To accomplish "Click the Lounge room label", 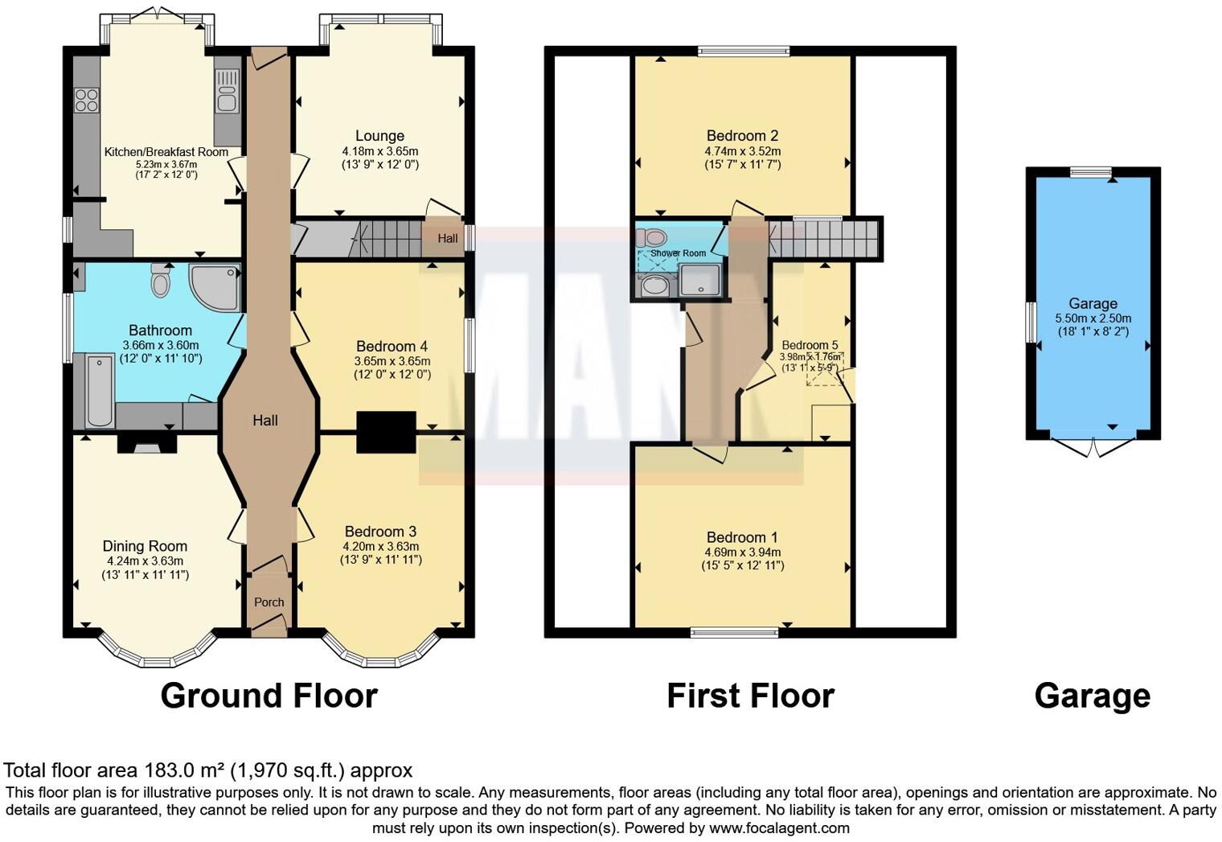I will pos(379,136).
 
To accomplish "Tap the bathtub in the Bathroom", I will pos(100,389).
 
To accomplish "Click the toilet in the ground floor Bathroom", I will pos(161,282).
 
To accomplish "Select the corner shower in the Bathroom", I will pos(216,286).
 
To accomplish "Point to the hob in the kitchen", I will pos(87,101).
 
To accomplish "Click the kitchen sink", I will pos(227,90).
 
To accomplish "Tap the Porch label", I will pos(269,602).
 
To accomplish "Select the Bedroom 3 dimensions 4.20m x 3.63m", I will pos(380,546).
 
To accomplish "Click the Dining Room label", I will pos(145,546).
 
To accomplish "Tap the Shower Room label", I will pos(679,253).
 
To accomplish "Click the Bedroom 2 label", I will pos(742,136).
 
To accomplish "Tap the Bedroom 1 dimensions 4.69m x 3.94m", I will pos(742,552).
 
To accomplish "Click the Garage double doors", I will pos(1093,447).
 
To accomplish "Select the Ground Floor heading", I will pos(269,696).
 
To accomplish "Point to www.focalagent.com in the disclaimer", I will pos(777,828).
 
